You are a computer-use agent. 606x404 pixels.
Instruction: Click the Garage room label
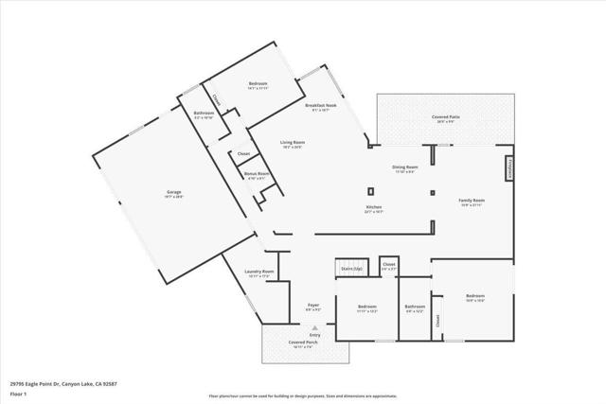pyautogui.click(x=174, y=192)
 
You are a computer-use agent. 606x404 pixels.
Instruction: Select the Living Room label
pyautogui.click(x=292, y=143)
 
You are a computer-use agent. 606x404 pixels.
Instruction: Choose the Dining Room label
pyautogui.click(x=405, y=167)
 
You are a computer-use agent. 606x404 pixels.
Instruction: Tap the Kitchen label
pyautogui.click(x=374, y=207)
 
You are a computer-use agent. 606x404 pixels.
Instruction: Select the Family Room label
pyautogui.click(x=472, y=201)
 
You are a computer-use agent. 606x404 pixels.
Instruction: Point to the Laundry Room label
pyautogui.click(x=259, y=272)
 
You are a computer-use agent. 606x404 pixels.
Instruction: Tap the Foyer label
pyautogui.click(x=312, y=306)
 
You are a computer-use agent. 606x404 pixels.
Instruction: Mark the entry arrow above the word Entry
pyautogui.click(x=314, y=326)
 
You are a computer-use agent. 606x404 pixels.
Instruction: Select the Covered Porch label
pyautogui.click(x=303, y=344)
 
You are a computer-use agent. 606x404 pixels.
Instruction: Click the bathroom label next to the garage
pyautogui.click(x=204, y=114)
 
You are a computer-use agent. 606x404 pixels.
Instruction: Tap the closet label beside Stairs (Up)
pyautogui.click(x=388, y=265)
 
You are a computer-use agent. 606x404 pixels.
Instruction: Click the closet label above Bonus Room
pyautogui.click(x=243, y=153)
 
